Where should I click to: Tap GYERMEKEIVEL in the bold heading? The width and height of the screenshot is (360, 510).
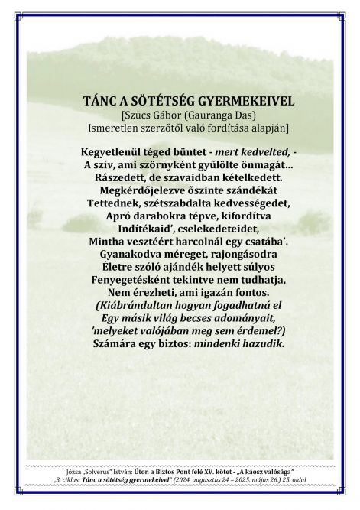point(235,100)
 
